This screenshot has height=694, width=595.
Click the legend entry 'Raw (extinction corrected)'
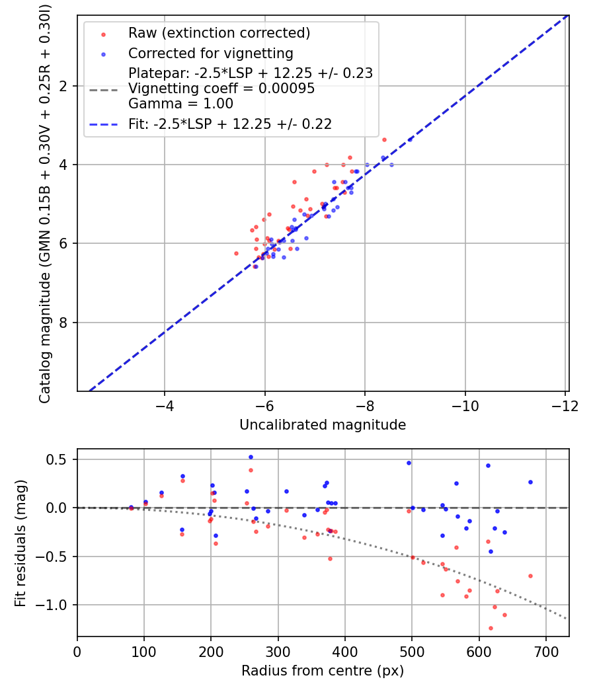click(219, 33)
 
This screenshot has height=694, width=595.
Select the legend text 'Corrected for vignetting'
click(211, 53)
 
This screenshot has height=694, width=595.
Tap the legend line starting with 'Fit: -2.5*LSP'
click(230, 124)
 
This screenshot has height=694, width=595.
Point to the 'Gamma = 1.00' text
click(180, 104)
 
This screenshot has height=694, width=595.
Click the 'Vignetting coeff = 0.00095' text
click(221, 88)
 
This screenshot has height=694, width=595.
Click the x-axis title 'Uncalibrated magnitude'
click(323, 424)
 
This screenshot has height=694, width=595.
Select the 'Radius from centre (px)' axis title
click(323, 671)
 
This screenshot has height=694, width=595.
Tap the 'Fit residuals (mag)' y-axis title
click(20, 543)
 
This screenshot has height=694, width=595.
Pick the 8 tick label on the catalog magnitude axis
click(63, 323)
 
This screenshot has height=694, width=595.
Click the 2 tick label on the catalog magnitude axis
click(63, 86)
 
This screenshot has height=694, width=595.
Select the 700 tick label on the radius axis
click(546, 652)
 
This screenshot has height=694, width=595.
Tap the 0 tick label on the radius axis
click(77, 652)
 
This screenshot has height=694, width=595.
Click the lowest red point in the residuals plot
click(491, 628)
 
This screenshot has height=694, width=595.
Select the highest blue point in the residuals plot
click(251, 457)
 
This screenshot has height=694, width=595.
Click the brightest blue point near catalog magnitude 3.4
click(410, 139)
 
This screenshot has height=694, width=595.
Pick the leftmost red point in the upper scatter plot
click(236, 254)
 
